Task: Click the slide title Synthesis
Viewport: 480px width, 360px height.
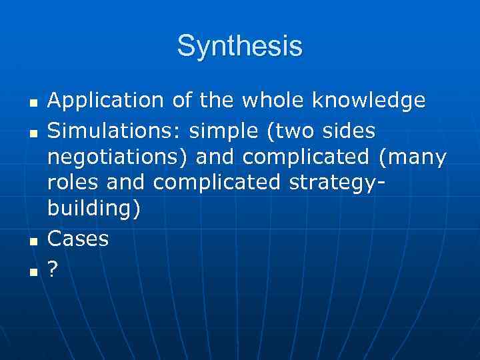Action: (240, 47)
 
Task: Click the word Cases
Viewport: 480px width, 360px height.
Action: (78, 239)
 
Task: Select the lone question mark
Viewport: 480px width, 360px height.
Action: (53, 269)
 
